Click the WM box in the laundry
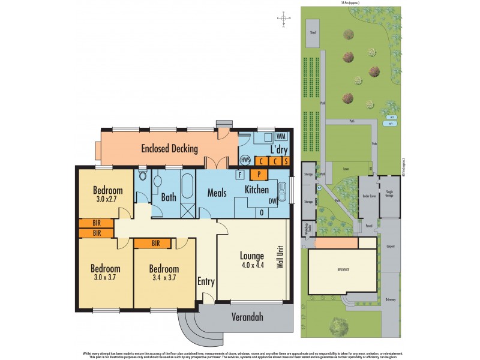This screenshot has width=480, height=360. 281,137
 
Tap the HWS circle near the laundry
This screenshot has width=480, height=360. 245,160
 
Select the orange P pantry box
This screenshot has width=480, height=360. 259,174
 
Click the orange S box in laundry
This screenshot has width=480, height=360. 286,160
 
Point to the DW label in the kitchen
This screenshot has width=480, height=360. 273,201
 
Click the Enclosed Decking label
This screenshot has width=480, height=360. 169,148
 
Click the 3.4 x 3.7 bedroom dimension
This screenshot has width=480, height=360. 164,278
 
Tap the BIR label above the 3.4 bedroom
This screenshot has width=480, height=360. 156,243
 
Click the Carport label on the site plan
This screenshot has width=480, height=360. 390,245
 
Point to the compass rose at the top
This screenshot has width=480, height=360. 283,19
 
